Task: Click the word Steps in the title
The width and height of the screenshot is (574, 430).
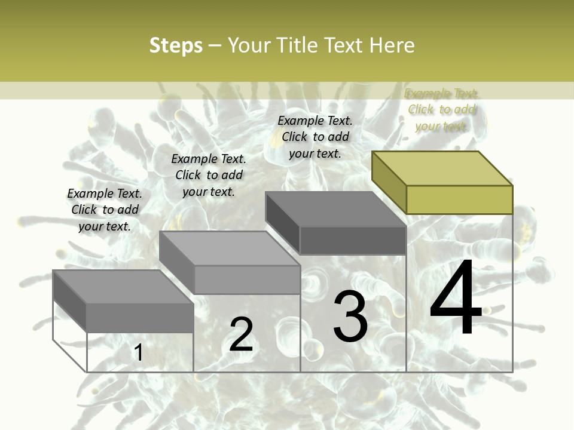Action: click(176, 45)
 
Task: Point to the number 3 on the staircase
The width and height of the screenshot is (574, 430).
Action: click(350, 317)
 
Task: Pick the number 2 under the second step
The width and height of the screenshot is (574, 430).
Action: click(242, 334)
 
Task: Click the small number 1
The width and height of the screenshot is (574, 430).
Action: click(138, 353)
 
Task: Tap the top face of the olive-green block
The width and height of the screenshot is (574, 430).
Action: click(441, 168)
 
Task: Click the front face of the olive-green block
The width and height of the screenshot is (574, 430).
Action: click(459, 199)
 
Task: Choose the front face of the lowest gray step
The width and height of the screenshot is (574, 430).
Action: click(140, 318)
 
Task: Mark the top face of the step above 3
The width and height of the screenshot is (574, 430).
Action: click(335, 209)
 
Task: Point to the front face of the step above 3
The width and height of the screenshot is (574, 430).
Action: click(353, 241)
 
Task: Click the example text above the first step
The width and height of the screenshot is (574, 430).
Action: click(105, 210)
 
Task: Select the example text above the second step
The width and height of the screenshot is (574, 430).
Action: click(209, 175)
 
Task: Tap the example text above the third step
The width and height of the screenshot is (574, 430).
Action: click(315, 137)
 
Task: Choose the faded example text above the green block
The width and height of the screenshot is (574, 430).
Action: click(442, 110)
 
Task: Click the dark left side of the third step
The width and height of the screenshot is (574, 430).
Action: click(282, 219)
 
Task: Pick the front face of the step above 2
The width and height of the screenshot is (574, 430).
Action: click(247, 279)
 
